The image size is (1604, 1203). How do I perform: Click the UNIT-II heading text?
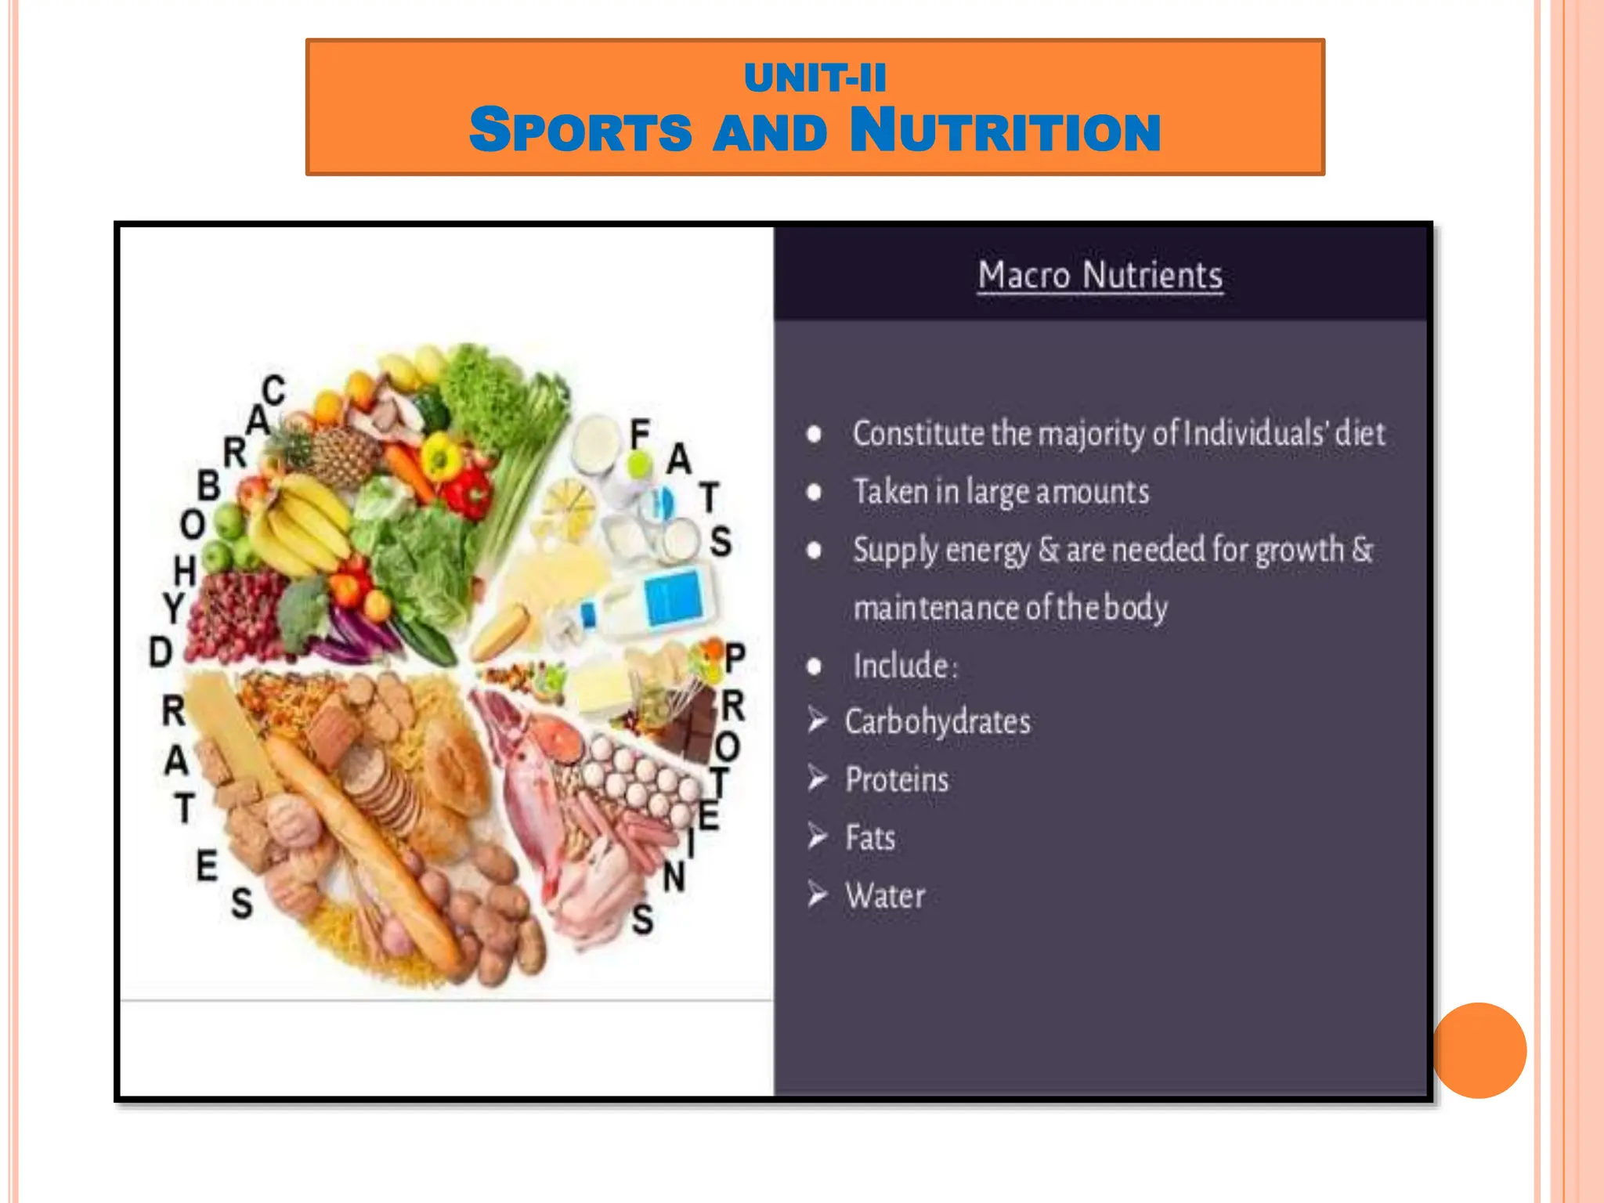pos(815,78)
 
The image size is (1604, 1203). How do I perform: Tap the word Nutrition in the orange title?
pos(1005,131)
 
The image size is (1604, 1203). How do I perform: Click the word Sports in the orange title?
pos(580,131)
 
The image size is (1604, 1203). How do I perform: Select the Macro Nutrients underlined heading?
pos(1100,276)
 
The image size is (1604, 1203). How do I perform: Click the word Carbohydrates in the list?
pos(937,721)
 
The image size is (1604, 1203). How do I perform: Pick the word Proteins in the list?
pos(897,779)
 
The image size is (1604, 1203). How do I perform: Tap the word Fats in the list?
pos(870,838)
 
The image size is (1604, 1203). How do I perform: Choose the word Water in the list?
pos(885,896)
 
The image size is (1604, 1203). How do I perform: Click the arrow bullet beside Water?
pos(818,894)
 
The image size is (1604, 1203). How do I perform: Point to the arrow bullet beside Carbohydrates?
pos(818,720)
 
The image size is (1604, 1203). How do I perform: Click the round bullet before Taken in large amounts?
pos(815,493)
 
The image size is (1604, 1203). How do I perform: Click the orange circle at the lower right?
pos(1479,1050)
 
